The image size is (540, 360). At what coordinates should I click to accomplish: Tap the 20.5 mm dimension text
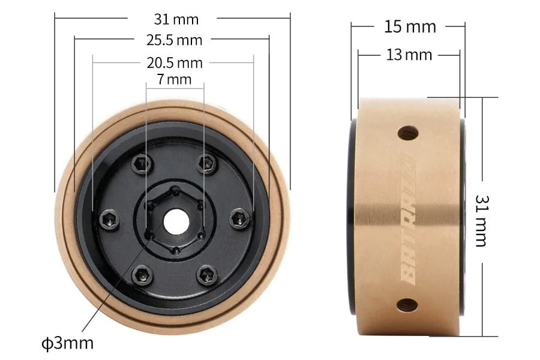(174, 62)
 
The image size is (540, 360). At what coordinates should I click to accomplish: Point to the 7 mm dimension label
(174, 79)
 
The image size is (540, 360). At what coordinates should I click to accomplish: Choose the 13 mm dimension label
(409, 55)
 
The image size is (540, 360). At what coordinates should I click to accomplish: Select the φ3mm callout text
(67, 343)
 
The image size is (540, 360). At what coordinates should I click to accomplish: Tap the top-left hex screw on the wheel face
(141, 163)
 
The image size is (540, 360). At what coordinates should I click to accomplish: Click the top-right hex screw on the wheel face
(207, 163)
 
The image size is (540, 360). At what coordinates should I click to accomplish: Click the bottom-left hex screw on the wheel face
(142, 275)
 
